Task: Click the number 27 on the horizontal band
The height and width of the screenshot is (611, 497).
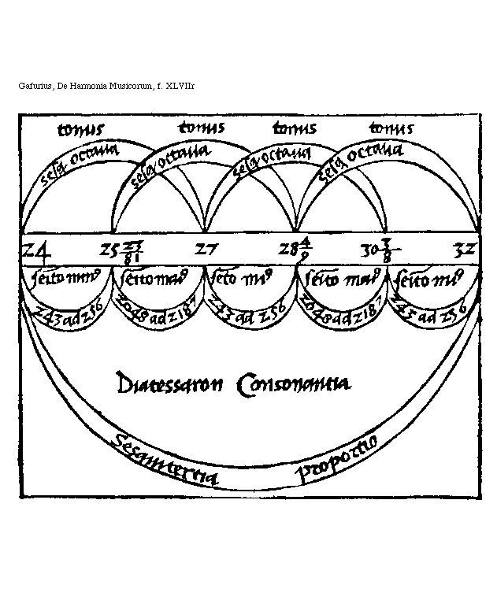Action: [207, 251]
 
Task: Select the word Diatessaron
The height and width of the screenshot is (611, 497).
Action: [164, 385]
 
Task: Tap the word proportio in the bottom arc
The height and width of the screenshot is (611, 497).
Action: [339, 456]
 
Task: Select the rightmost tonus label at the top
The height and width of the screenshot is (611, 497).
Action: [391, 128]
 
